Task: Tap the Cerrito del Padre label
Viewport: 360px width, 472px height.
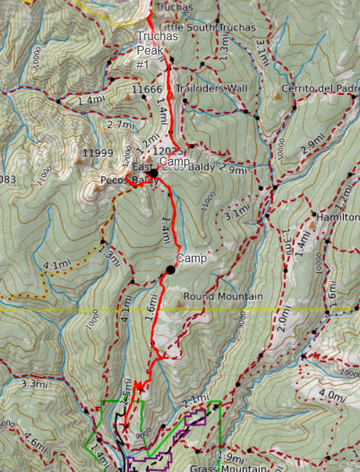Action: [x=319, y=88]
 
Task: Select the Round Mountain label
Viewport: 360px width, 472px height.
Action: [x=223, y=296]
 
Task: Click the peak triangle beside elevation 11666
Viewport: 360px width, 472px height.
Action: [x=126, y=92]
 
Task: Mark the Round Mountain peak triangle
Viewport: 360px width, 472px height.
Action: [x=177, y=304]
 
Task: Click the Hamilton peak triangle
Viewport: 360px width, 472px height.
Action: [x=312, y=225]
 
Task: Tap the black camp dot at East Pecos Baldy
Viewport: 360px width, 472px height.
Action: [x=153, y=173]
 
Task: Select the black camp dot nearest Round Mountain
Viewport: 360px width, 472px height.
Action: [x=170, y=269]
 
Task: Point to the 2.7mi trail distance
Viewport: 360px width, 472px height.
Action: [x=120, y=125]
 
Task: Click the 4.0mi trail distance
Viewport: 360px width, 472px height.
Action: [x=331, y=394]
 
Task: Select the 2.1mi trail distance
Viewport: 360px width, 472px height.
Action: [x=196, y=399]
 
